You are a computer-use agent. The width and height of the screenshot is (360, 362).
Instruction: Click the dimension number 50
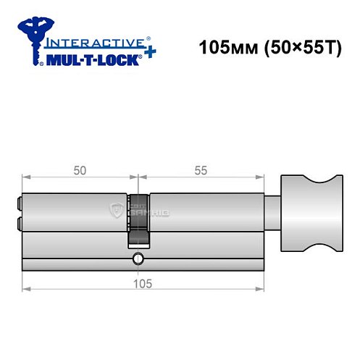pyautogui.click(x=80, y=170)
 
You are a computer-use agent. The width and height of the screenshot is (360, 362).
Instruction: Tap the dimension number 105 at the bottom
pyautogui.click(x=142, y=283)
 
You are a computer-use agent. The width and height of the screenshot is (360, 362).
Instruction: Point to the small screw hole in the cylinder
pyautogui.click(x=138, y=258)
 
